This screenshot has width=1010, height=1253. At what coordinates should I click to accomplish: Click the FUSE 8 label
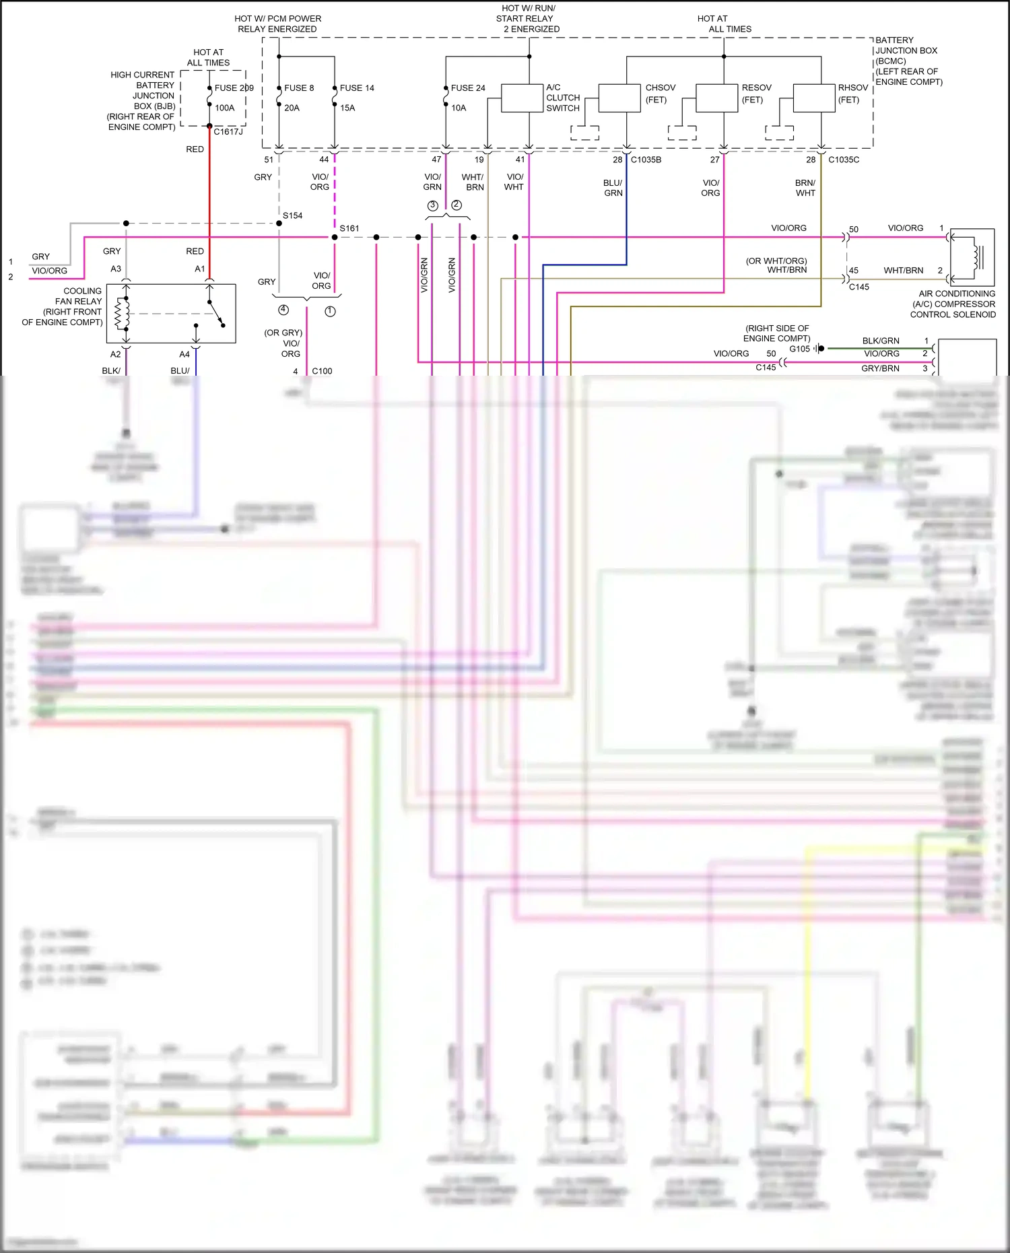299,88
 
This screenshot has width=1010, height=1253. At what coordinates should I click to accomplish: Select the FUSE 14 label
357,88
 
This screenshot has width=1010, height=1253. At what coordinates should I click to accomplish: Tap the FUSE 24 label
468,88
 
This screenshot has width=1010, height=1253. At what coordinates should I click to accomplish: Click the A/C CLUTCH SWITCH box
523,98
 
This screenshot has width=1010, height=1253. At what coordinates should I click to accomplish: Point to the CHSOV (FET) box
619,98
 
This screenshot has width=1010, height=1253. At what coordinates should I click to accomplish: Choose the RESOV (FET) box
717,98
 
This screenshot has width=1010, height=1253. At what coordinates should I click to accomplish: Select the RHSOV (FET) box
814,98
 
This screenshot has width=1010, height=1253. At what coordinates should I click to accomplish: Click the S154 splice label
292,215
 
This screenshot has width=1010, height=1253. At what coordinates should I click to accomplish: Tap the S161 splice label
349,228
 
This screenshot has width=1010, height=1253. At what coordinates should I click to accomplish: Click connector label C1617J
228,132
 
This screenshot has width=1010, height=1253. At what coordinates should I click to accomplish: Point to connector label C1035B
646,160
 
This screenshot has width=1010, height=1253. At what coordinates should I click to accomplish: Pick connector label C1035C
844,160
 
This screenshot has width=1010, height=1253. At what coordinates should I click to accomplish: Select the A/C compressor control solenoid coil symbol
974,257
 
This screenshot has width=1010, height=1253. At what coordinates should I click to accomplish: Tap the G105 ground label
799,349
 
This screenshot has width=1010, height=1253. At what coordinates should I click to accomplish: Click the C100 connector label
322,371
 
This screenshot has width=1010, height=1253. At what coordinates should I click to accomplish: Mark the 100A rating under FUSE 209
225,108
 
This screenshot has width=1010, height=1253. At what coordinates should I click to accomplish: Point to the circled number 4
283,310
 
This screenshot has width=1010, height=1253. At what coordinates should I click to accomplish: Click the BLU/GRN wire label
613,188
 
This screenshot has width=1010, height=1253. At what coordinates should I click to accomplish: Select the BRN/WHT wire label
805,188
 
